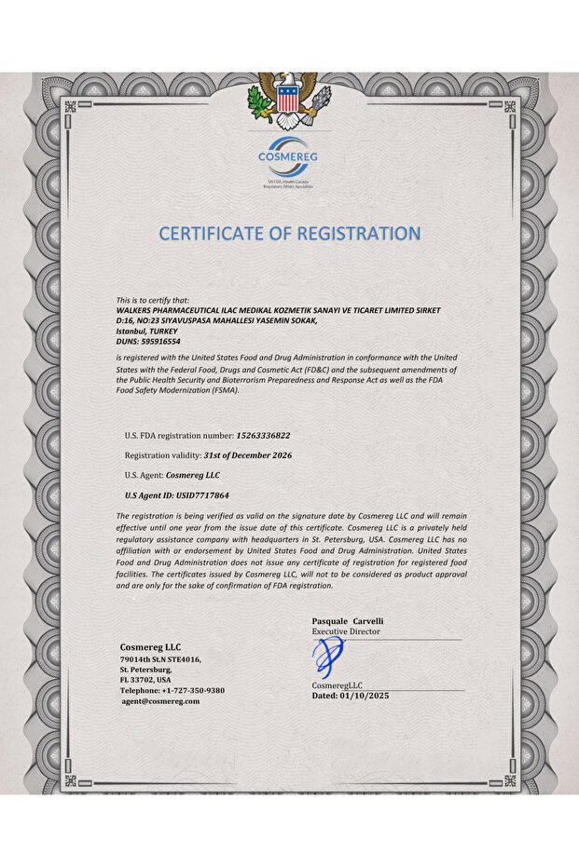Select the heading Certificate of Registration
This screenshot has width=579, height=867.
(x=289, y=233)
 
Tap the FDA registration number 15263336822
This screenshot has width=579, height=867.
(x=263, y=435)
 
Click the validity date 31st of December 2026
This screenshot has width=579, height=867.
(x=247, y=454)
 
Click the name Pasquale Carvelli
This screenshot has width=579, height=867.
(x=348, y=620)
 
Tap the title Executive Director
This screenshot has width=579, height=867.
(x=346, y=631)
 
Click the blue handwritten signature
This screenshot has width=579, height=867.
(x=326, y=657)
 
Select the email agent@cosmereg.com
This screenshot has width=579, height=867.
(x=160, y=700)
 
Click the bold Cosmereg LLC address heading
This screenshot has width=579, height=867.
(x=150, y=646)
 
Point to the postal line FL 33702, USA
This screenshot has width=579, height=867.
(x=145, y=680)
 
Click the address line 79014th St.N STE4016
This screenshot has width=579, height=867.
(x=159, y=659)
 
